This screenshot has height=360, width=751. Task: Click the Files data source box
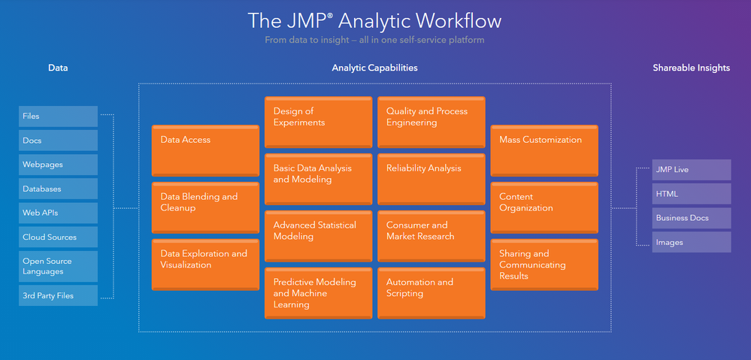[x=59, y=116]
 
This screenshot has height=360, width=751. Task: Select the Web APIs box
[x=59, y=213]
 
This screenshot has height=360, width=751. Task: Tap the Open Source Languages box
[x=59, y=266]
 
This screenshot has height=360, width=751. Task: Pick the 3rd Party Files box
[x=59, y=295]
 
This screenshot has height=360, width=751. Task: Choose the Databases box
[x=59, y=189]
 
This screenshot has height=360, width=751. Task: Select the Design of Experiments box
[x=318, y=122]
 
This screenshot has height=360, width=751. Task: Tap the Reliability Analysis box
[x=431, y=179]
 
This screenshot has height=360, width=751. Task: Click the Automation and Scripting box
[x=431, y=292]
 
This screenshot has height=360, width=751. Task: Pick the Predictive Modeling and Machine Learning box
[x=318, y=292]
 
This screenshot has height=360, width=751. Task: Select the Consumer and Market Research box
[x=431, y=235]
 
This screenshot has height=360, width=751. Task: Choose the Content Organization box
[x=544, y=207]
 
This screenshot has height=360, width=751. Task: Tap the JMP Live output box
[x=692, y=170]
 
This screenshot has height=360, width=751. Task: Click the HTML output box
[x=692, y=194]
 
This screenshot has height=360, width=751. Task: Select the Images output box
[x=692, y=242]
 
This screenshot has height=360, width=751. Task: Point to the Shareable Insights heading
[x=691, y=68]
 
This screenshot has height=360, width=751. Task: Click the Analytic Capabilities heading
[x=374, y=68]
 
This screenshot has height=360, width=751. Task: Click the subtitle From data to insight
[x=375, y=40]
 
